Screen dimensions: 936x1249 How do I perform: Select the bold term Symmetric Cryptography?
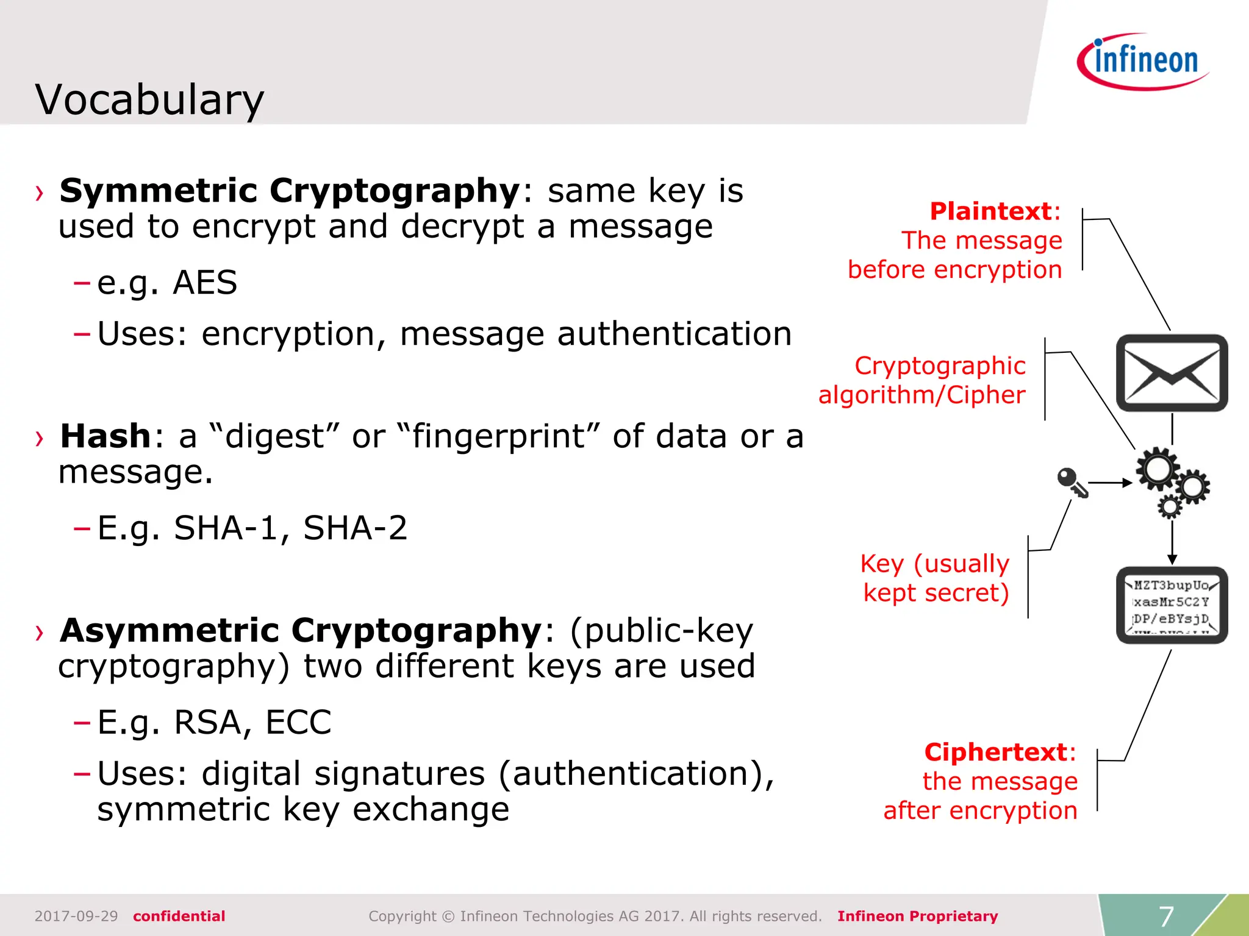point(289,191)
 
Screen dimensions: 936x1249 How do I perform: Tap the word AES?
point(204,283)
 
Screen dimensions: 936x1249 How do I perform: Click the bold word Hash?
point(105,436)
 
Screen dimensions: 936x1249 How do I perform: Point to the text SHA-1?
point(226,528)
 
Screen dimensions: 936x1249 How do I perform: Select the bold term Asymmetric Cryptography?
point(301,630)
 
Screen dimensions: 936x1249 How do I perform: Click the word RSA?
point(209,723)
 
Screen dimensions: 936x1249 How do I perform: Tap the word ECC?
point(298,723)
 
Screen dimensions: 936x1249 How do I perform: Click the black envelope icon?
point(1172,373)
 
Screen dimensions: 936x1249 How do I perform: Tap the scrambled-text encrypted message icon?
point(1172,605)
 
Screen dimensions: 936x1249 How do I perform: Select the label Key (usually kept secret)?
point(935,578)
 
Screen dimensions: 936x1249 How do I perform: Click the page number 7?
point(1166,916)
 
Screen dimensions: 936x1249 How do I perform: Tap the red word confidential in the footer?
point(179,916)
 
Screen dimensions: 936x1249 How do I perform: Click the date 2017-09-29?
point(76,916)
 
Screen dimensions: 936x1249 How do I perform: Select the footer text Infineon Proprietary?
point(917,916)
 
